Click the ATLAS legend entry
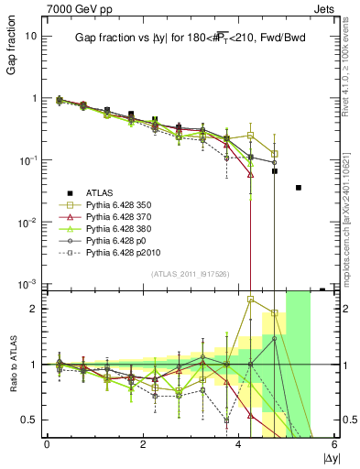coord(99,191)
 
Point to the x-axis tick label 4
coord(239,444)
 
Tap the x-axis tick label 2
coord(143,444)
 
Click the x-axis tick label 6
coord(335,444)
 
